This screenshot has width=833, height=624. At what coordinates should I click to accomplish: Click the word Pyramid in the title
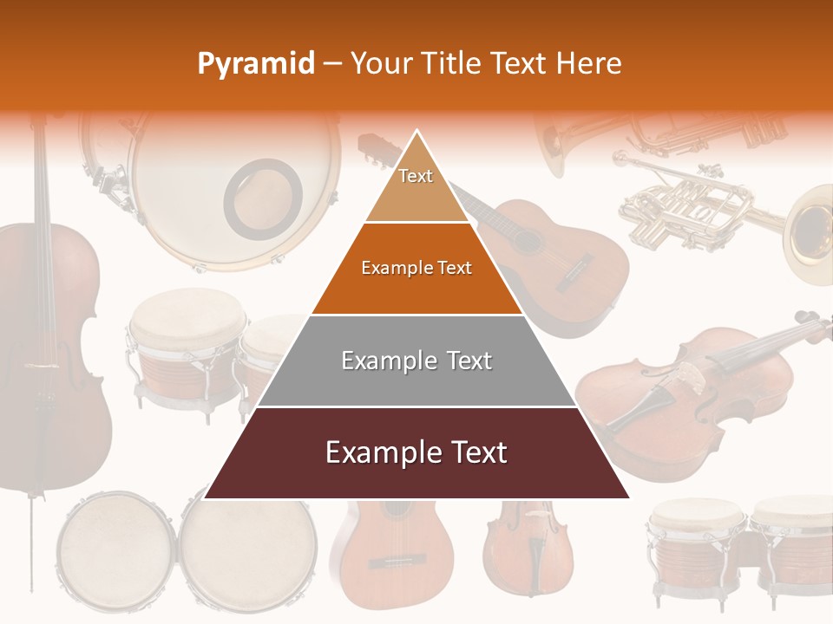255,64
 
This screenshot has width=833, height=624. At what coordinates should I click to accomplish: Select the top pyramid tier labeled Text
416,178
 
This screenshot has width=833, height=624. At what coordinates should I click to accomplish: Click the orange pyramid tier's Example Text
416,269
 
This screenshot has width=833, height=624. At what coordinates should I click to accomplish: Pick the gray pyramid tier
416,361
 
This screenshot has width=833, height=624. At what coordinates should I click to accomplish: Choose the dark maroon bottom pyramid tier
416,452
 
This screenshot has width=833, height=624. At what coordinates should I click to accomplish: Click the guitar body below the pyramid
392,546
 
